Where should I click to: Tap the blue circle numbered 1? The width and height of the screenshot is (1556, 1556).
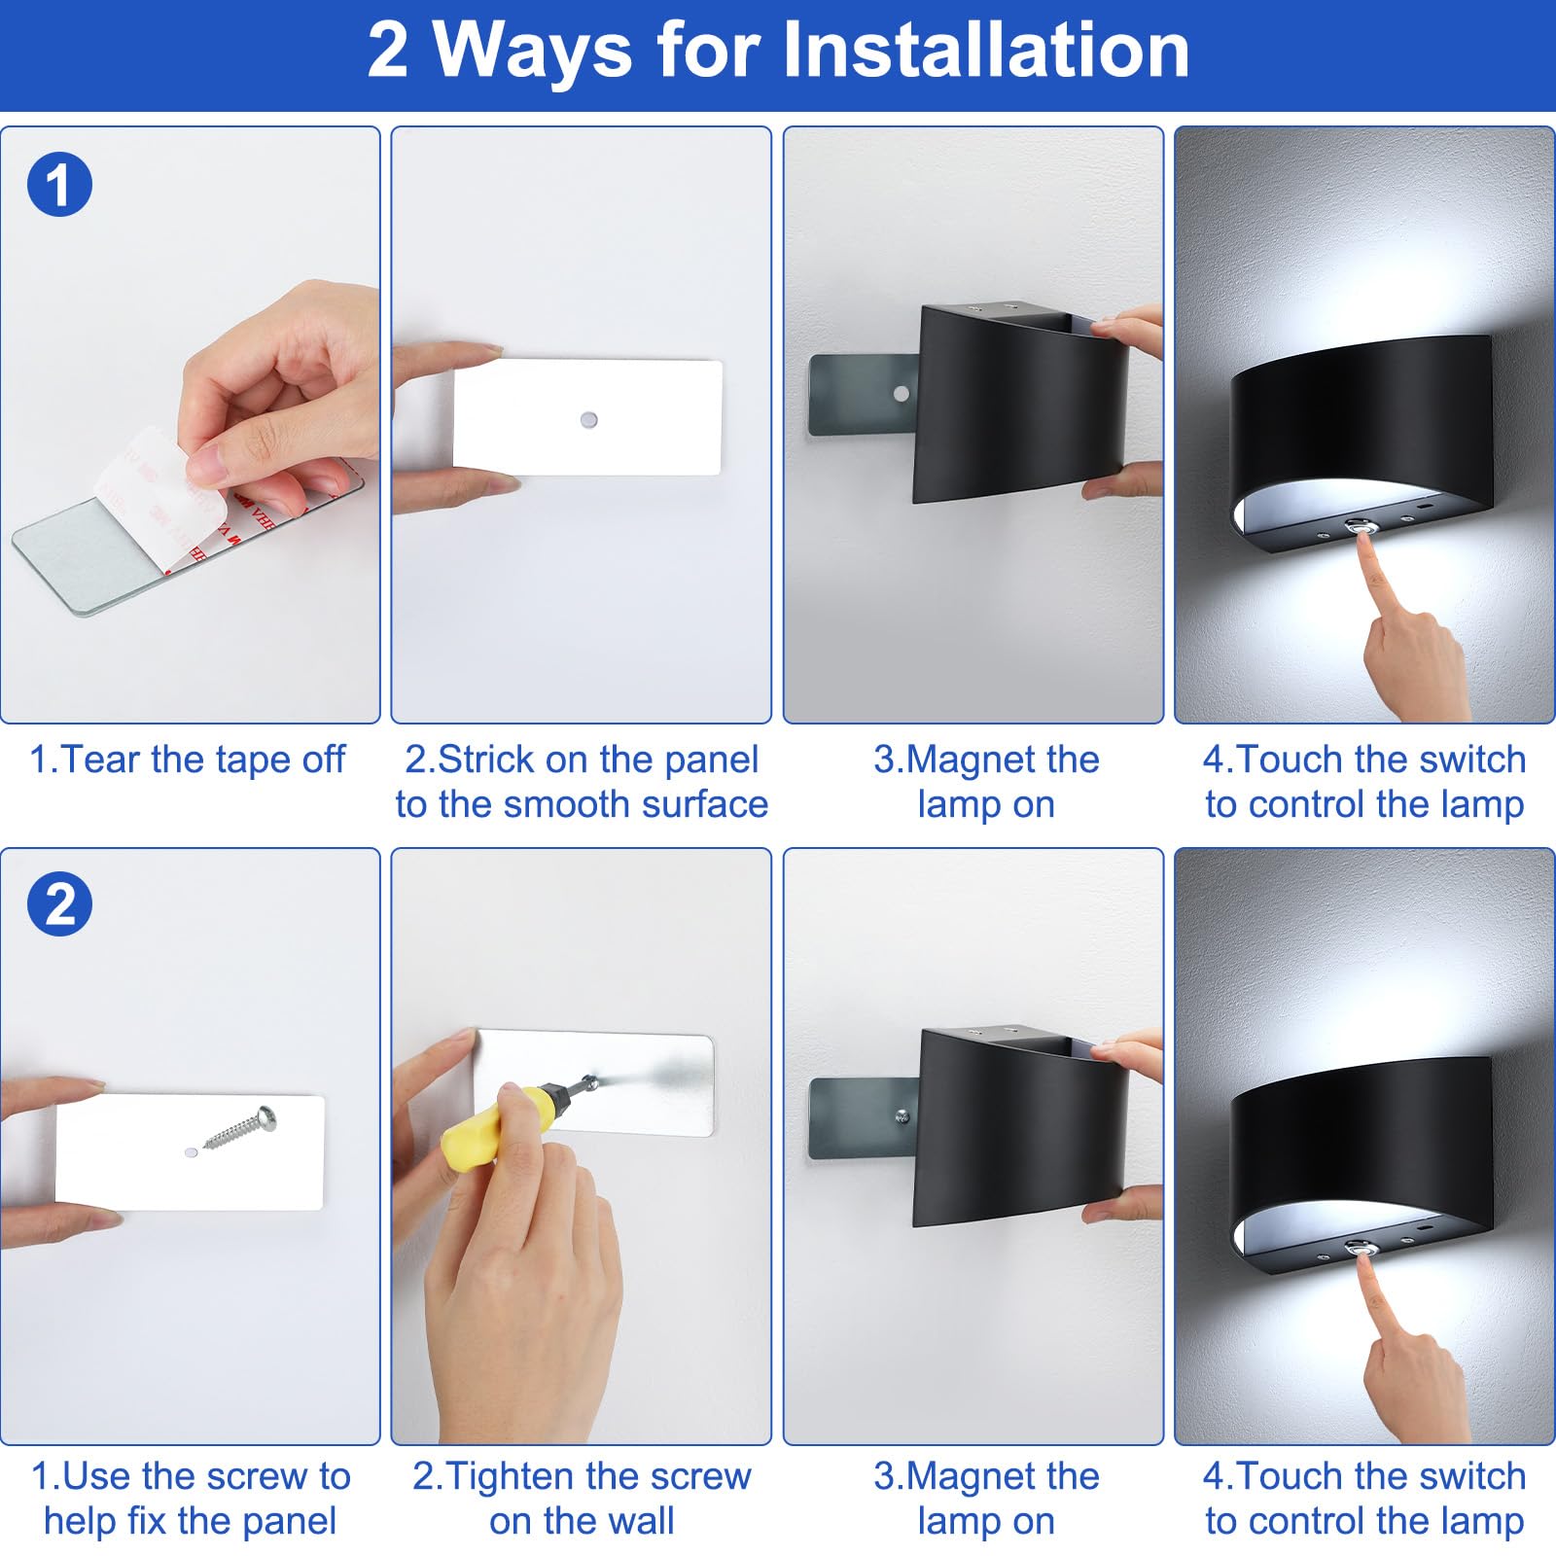(x=59, y=185)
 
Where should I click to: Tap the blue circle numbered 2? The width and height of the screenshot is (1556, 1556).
(x=59, y=904)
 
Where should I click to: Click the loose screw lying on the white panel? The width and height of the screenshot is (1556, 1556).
(x=241, y=1128)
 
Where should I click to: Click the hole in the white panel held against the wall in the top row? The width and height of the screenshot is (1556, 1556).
(x=587, y=420)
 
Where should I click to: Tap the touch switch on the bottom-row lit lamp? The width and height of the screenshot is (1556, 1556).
(x=1359, y=1247)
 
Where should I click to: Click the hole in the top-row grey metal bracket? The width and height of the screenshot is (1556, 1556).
(x=902, y=394)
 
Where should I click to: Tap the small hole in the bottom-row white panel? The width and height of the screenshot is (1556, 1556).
(x=191, y=1151)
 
